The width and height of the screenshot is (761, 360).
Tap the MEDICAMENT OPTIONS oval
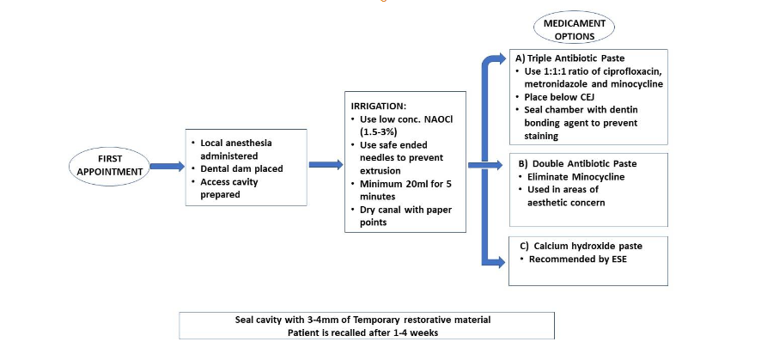point(572,29)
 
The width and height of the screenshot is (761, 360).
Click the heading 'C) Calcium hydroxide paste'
point(583,246)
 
